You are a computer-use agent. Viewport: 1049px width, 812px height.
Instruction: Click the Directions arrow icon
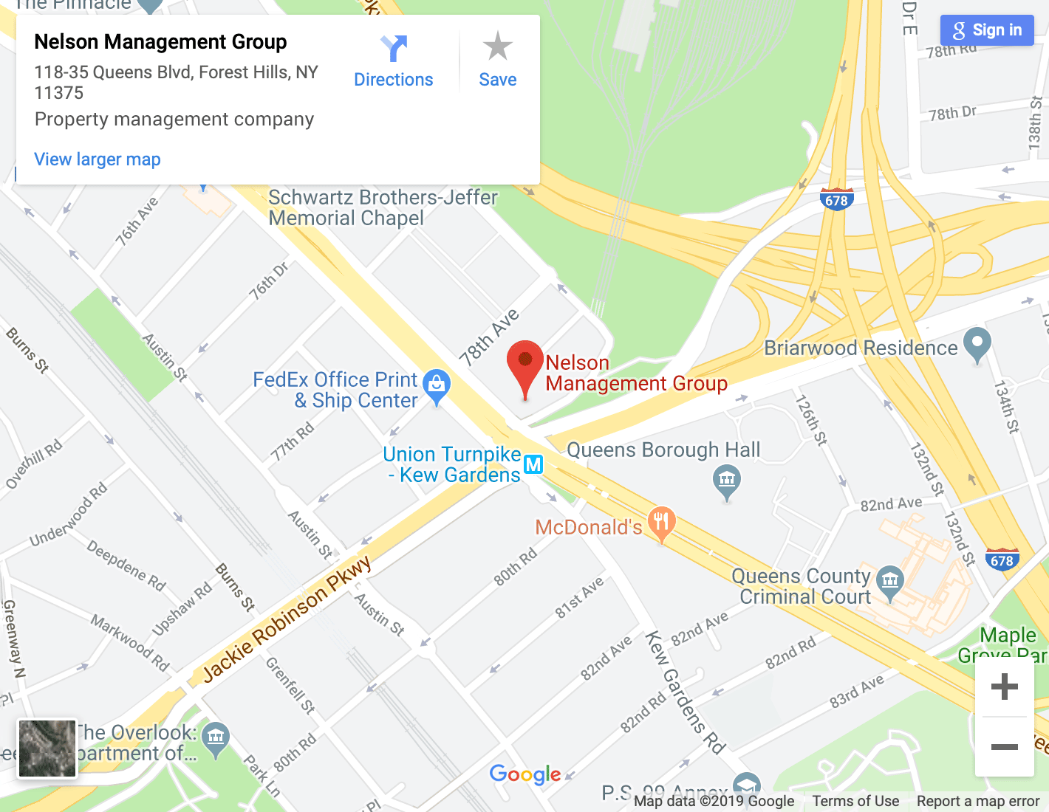[394, 49]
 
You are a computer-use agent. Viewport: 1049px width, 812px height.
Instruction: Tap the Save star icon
[497, 47]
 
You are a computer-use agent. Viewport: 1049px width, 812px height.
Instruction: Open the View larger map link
[98, 159]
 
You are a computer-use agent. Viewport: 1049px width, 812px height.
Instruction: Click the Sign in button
[987, 30]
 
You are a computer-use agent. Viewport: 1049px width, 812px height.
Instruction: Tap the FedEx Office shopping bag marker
[437, 385]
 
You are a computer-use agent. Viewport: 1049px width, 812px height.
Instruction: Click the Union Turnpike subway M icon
[533, 464]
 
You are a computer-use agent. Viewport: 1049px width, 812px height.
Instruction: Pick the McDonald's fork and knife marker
[661, 522]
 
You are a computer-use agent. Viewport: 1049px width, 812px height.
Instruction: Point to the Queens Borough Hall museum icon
[727, 481]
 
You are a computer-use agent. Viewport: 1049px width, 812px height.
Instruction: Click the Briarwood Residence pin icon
[977, 343]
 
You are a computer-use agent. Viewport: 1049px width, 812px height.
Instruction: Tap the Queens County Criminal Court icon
[890, 581]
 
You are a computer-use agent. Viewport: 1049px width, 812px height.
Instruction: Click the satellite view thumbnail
[47, 749]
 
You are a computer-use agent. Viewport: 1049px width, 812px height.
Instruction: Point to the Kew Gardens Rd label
[684, 691]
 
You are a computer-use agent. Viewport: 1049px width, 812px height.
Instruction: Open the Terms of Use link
[855, 801]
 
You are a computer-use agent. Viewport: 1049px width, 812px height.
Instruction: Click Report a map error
[977, 801]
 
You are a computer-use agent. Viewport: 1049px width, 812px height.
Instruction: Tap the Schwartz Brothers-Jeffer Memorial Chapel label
[383, 207]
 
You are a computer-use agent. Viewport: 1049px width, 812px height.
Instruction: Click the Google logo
[525, 774]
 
